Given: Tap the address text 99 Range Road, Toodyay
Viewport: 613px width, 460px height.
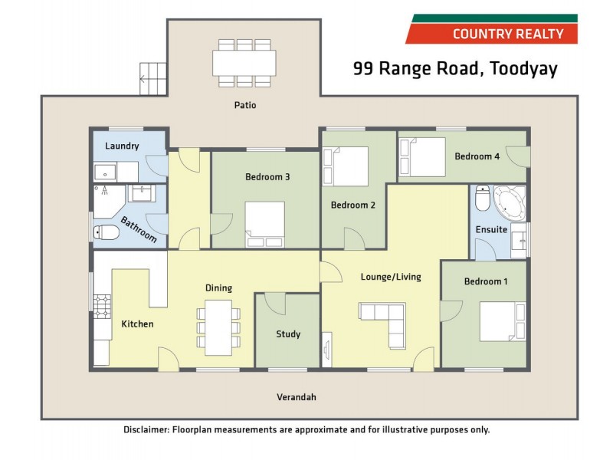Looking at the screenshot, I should [454, 69].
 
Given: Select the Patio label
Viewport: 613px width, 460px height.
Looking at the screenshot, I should [245, 105].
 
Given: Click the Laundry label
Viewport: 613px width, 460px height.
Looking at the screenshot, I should [122, 146].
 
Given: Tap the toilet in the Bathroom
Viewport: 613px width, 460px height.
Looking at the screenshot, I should [105, 232].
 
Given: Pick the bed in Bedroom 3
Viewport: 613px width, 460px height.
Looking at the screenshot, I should [265, 224].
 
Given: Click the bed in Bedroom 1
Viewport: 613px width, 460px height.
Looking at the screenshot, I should [503, 321].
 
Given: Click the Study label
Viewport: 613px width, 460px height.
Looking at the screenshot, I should [288, 334].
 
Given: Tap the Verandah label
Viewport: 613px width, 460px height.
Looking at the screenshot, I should [296, 397].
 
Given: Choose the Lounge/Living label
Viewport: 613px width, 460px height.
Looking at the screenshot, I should [391, 277].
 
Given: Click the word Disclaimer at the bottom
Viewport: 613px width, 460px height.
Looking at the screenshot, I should [146, 430].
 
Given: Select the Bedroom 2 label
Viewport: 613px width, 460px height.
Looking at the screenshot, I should [352, 205].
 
